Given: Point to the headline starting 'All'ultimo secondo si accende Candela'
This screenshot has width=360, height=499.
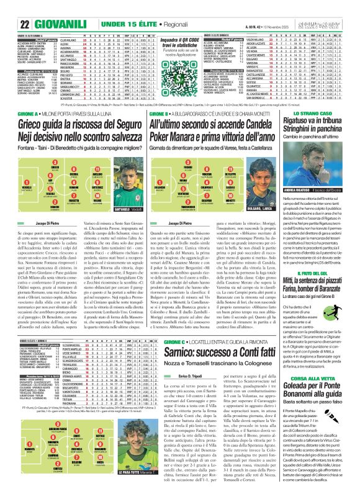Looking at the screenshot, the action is click(232, 142).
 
